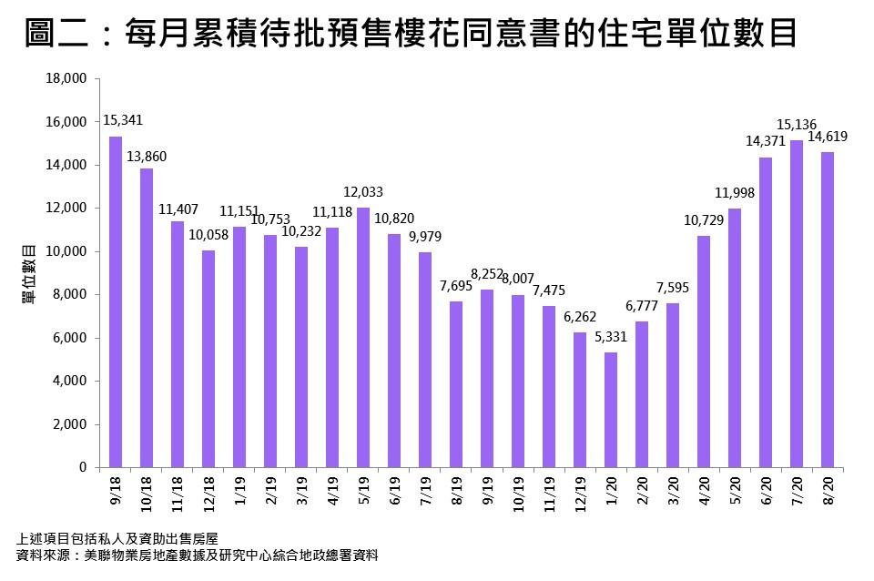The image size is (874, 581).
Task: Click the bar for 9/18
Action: point(116,301)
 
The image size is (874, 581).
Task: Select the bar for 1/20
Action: point(611,410)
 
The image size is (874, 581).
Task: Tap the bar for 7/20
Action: point(797,303)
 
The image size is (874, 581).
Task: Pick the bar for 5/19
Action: point(363,337)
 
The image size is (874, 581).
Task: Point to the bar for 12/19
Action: point(580,400)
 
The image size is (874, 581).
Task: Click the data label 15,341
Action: point(123,120)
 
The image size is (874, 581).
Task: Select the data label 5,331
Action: point(612,336)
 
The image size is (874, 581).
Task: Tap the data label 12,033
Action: point(363,191)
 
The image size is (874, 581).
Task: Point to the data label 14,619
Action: point(828,136)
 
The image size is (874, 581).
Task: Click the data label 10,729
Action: point(705,219)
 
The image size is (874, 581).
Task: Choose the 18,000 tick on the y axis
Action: point(66,79)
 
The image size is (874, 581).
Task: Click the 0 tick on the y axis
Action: point(82,468)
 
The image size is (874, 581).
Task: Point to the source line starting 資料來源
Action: point(197,555)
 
